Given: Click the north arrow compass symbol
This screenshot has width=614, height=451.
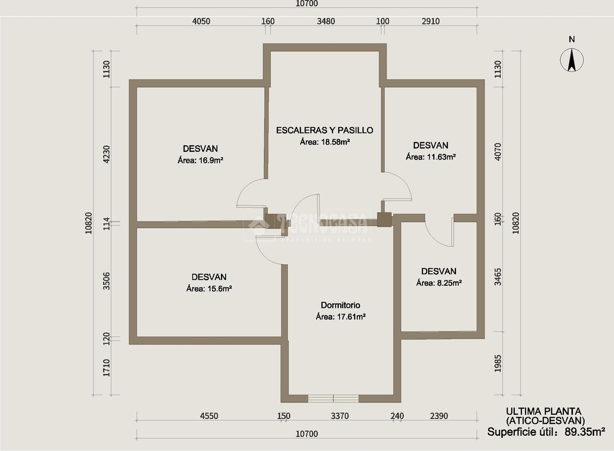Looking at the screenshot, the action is click(572, 60).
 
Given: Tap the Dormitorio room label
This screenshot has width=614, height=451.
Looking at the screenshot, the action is click(340, 305).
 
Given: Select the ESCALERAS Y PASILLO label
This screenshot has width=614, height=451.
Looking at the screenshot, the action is click(324, 130).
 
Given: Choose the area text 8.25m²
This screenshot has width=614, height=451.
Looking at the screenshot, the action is click(450, 282).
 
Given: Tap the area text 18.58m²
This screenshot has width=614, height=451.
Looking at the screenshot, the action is click(335, 142).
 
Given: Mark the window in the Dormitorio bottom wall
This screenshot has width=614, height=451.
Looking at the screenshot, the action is click(333, 398).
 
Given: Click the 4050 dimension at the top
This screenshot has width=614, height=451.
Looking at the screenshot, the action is click(201, 21).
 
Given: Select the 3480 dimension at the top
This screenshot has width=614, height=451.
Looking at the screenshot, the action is click(326, 21).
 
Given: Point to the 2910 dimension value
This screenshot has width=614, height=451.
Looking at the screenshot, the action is click(431, 21).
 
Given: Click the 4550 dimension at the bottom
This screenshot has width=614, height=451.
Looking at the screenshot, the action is click(209, 416).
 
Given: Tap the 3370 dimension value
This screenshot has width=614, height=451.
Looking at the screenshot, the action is click(340, 416).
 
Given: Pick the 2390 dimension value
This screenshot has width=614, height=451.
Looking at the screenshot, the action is click(439, 416).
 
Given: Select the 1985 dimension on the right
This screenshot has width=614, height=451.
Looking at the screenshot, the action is click(498, 364).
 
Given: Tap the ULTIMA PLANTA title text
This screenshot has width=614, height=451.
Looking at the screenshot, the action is click(543, 411).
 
